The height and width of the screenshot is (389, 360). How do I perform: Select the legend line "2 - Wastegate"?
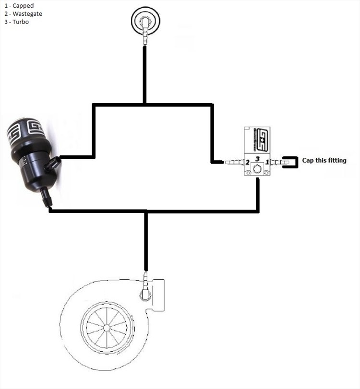pyautogui.click(x=23, y=14)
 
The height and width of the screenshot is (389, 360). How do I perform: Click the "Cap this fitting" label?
pyautogui.click(x=324, y=161)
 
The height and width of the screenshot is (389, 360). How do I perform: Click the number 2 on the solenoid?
pyautogui.click(x=248, y=163)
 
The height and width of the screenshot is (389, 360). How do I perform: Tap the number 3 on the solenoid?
pyautogui.click(x=258, y=158)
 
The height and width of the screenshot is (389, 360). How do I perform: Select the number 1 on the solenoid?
pyautogui.click(x=268, y=163)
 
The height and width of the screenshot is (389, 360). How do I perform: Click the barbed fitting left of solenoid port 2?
pyautogui.click(x=234, y=163)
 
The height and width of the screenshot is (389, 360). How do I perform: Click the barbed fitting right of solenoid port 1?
pyautogui.click(x=278, y=163)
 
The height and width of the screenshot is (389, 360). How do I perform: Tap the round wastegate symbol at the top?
pyautogui.click(x=145, y=20)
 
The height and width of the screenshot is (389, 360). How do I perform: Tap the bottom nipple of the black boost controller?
pyautogui.click(x=47, y=197)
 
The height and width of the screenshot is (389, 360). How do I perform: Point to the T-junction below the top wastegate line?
pyautogui.click(x=144, y=104)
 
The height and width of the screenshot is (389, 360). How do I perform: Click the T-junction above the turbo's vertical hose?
pyautogui.click(x=146, y=211)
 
